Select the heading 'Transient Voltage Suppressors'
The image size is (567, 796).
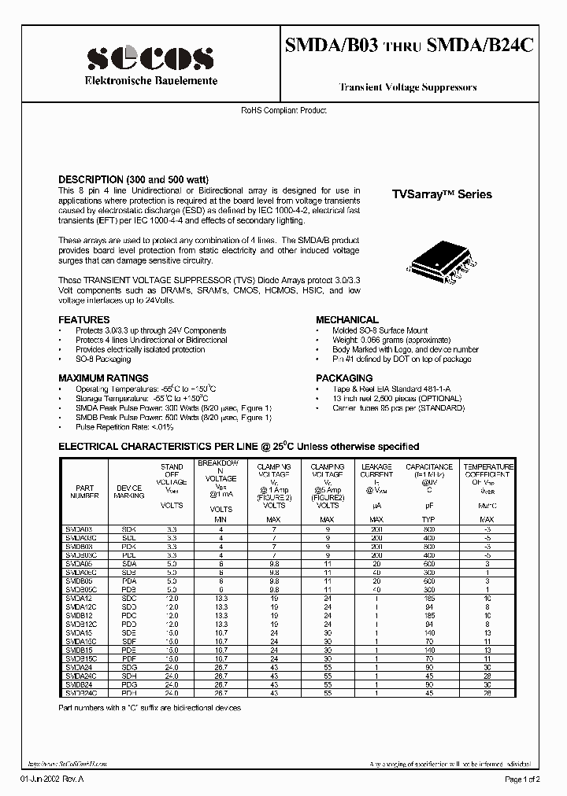coord(407,88)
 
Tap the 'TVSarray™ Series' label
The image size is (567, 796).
coord(442,194)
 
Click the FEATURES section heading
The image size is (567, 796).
coord(84,320)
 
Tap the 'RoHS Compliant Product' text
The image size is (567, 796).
coord(283,111)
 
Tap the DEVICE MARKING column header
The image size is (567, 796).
coord(129,492)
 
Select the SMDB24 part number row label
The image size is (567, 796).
coord(79,684)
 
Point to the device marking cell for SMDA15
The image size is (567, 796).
coord(129,632)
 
